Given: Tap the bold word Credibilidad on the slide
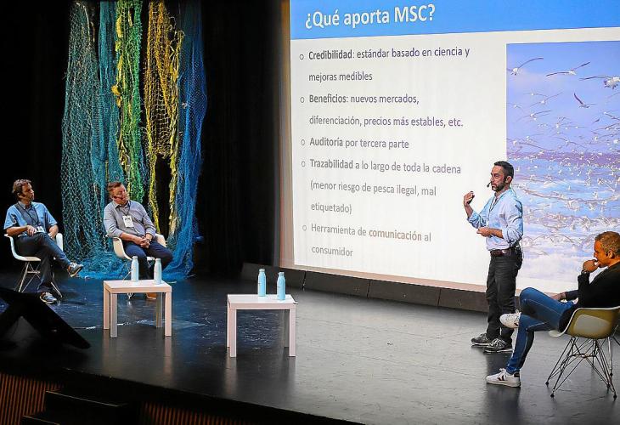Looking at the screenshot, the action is point(330,55).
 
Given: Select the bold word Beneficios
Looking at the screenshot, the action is point(327,99).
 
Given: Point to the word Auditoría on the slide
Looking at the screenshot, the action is point(326,142).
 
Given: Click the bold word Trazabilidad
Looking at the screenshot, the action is point(331,164).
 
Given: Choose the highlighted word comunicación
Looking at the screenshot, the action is point(395,235).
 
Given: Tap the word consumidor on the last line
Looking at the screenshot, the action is point(332,251).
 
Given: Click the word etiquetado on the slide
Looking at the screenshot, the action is point(331,207).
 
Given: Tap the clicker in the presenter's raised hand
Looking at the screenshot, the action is point(471,196).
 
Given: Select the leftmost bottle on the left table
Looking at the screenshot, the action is point(134,269).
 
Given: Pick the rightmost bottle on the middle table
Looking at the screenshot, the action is point(281,286).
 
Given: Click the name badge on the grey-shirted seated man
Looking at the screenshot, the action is point(127,221).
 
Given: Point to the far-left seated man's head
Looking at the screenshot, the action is point(23,190).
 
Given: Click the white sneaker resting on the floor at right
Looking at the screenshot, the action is point(503,378).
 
